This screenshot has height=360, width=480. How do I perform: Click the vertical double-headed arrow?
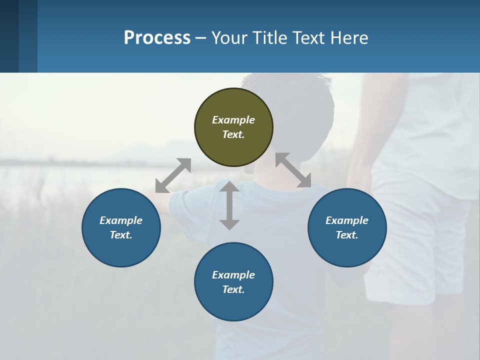click(229, 205)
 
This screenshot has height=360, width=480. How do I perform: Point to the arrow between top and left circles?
click(173, 175)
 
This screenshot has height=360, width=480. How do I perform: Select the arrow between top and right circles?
click(293, 170)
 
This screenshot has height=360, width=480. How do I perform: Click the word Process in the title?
click(157, 37)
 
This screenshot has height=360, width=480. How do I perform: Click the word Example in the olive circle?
click(233, 120)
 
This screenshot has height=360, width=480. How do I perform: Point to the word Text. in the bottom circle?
click(233, 289)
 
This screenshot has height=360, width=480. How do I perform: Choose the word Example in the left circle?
click(121, 220)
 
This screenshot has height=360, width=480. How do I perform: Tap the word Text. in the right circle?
click(347, 235)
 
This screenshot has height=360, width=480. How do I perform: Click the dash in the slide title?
click(201, 38)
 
